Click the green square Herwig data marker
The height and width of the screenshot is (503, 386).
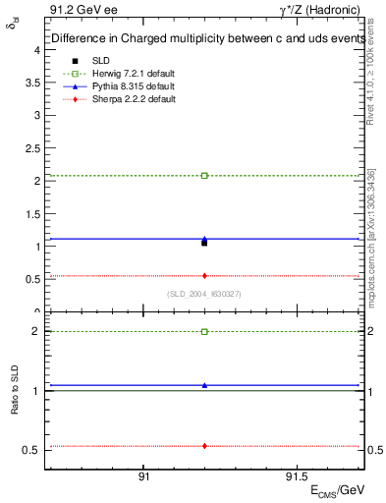coord(204,176)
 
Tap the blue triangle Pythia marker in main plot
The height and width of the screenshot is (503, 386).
coord(204,238)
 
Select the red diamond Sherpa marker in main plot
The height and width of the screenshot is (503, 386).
coord(204,276)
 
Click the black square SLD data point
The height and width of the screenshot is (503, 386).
coord(204,243)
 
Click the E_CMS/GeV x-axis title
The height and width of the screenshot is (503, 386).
coord(337,489)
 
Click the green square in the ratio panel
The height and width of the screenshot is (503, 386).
coord(204,332)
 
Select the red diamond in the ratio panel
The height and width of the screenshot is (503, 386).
coord(204,446)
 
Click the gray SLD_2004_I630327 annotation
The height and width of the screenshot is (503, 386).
coord(204,294)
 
